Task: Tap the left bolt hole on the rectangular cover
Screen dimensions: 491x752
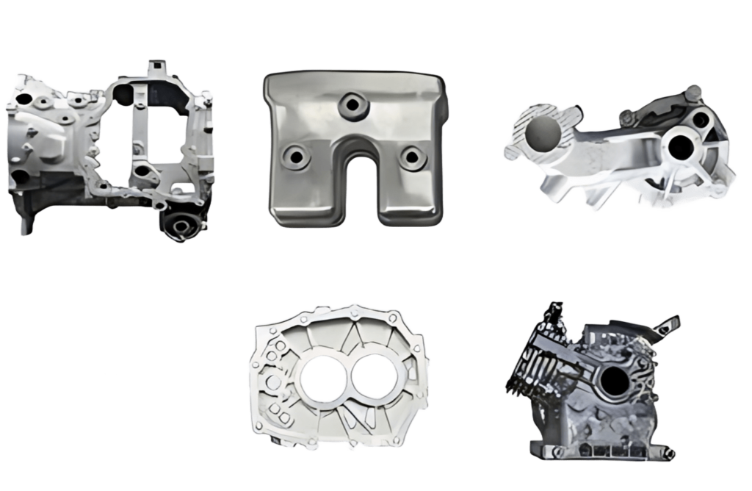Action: click(x=295, y=156)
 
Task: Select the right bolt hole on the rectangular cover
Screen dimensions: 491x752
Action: click(x=409, y=155)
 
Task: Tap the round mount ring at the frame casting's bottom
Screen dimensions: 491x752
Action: click(x=178, y=224)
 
